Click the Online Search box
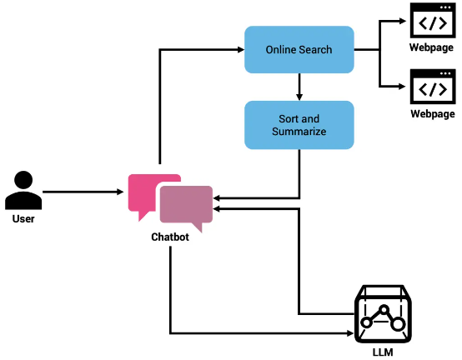pyautogui.click(x=299, y=49)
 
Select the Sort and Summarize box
pyautogui.click(x=299, y=125)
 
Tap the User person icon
pyautogui.click(x=23, y=190)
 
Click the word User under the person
pyautogui.click(x=23, y=218)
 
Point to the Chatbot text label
pyautogui.click(x=170, y=237)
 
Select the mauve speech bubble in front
pyautogui.click(x=186, y=204)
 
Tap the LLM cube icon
pyautogui.click(x=383, y=314)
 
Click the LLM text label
pyautogui.click(x=383, y=352)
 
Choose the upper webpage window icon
pyautogui.click(x=433, y=20)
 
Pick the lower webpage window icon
pyautogui.click(x=433, y=87)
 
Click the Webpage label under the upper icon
pyautogui.click(x=431, y=47)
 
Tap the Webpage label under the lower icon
pyautogui.click(x=433, y=114)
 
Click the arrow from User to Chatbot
pyautogui.click(x=83, y=192)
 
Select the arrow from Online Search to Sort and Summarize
pyautogui.click(x=299, y=87)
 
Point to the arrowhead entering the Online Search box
pyautogui.click(x=241, y=50)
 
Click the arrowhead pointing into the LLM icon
pyautogui.click(x=350, y=333)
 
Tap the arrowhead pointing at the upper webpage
pyautogui.click(x=403, y=21)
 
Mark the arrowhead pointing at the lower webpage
pyautogui.click(x=403, y=87)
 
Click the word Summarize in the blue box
pyautogui.click(x=299, y=132)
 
